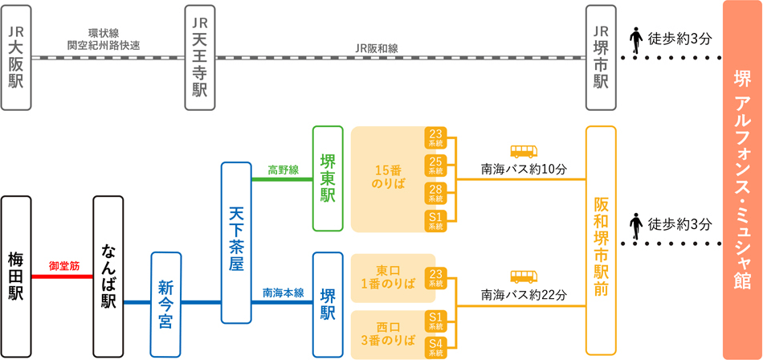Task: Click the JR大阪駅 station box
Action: click(16, 57)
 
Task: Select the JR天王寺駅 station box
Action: click(200, 57)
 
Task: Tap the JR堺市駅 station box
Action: click(602, 57)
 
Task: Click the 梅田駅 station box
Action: click(16, 275)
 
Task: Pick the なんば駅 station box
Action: click(108, 275)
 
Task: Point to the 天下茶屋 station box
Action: click(236, 242)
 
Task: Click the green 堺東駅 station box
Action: click(328, 179)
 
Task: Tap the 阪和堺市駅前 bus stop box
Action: click(601, 240)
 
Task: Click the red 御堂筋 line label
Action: click(63, 265)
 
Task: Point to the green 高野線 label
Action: click(283, 170)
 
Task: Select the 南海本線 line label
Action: click(283, 293)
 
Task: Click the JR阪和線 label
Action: click(377, 48)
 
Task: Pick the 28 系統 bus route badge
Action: click(435, 194)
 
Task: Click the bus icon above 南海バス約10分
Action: click(524, 151)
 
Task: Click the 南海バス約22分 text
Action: click(524, 295)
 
